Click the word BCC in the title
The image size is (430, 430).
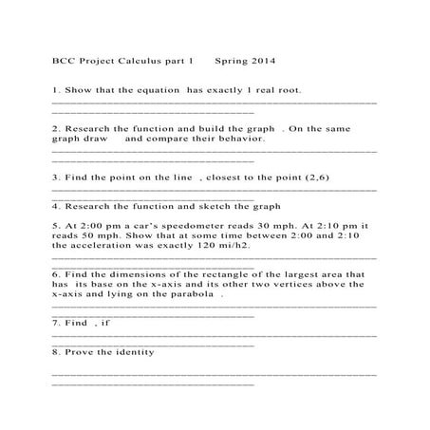pos(63,61)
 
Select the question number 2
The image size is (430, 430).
pos(55,127)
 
